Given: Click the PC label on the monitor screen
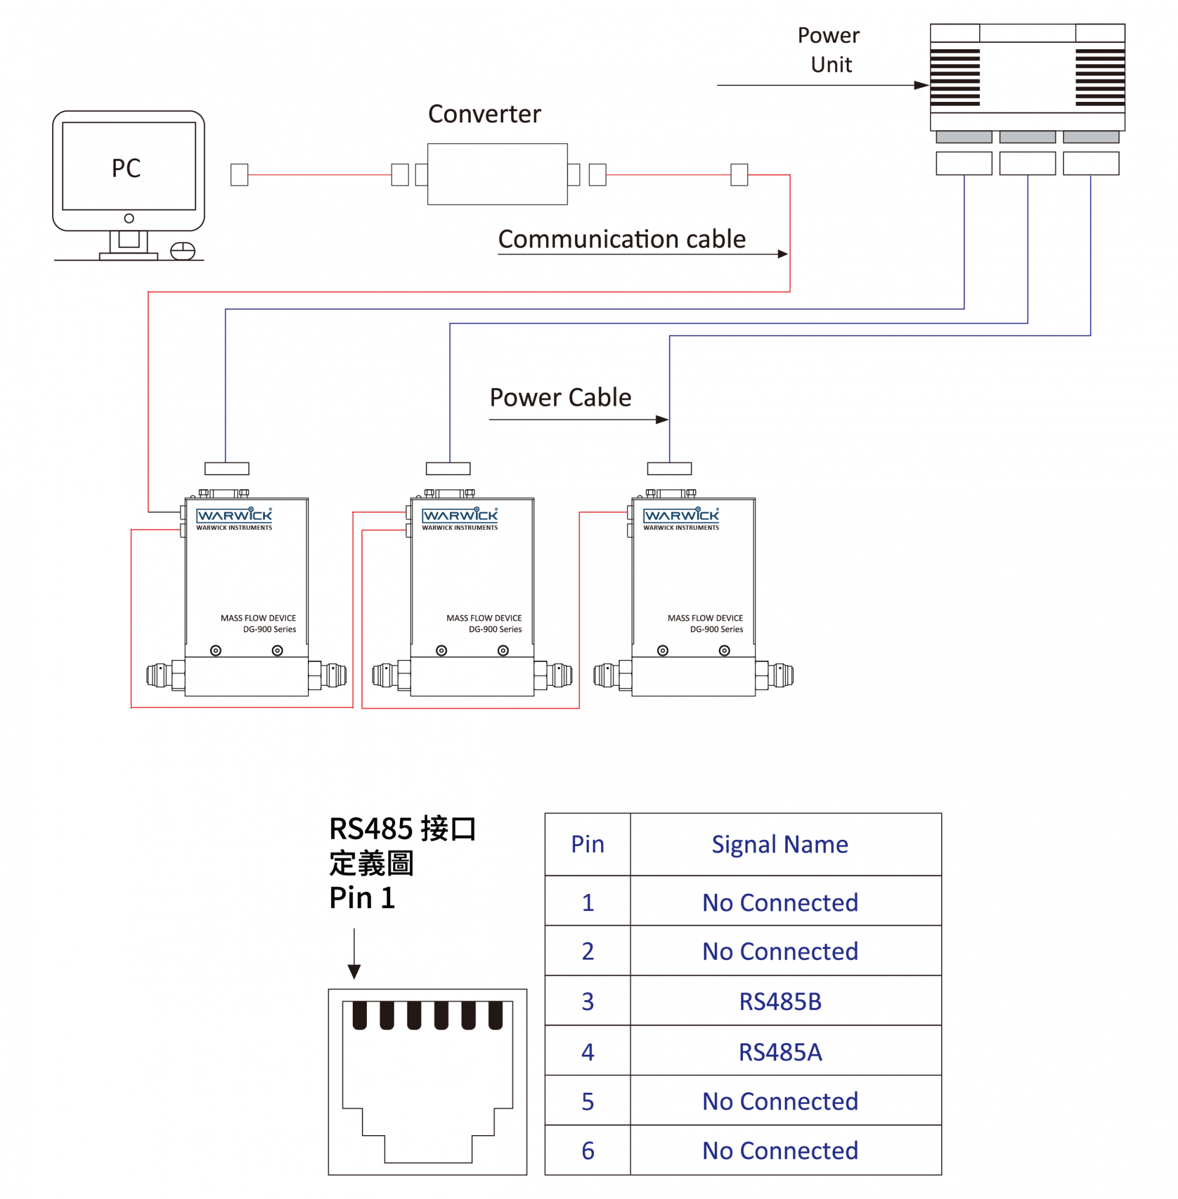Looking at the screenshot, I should (126, 168).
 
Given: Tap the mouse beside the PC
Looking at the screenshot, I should (182, 251).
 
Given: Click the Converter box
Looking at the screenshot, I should (498, 174).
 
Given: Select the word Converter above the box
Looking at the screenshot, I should (485, 114).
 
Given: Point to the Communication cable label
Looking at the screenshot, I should (622, 239).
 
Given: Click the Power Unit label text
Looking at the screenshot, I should (829, 50).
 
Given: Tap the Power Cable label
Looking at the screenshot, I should (561, 397).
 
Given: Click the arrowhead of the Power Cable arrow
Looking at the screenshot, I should (663, 420).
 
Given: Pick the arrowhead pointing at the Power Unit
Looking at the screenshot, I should (922, 85).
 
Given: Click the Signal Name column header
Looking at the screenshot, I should (780, 844).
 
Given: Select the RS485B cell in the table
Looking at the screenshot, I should (780, 1001).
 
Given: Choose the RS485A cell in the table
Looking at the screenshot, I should (780, 1052).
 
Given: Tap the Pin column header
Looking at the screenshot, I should (587, 844).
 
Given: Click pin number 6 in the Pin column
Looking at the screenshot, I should (588, 1150).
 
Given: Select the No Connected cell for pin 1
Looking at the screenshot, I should (780, 902).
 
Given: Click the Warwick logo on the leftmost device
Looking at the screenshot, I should (234, 516).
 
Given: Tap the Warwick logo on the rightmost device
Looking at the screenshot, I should (680, 516).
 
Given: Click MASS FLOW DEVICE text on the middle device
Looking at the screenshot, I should (484, 618).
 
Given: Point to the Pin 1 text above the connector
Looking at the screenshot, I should (362, 898).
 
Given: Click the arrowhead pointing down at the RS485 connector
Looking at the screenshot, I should (354, 972).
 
